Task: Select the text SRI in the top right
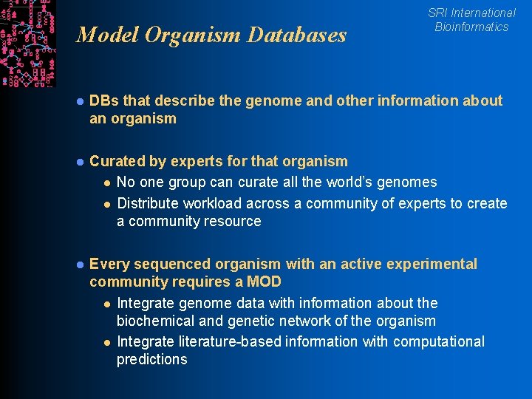click(x=438, y=13)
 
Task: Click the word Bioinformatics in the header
click(x=471, y=27)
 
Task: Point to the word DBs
click(x=103, y=100)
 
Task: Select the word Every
click(x=108, y=264)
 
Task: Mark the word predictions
click(x=152, y=359)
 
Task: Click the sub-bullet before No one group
click(x=106, y=183)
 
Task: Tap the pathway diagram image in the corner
click(x=27, y=43)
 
